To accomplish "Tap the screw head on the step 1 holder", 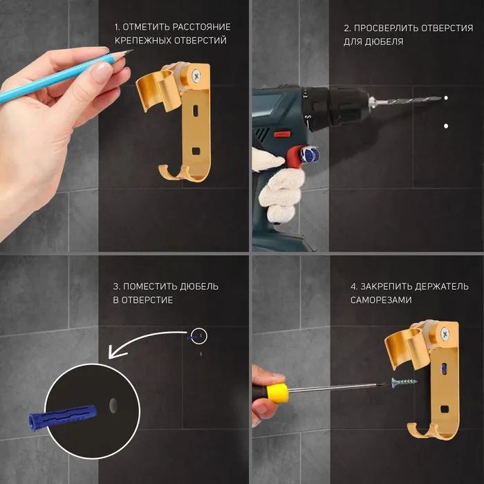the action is [196, 75].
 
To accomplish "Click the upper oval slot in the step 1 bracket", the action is [196, 111].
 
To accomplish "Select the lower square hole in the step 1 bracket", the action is [196, 151].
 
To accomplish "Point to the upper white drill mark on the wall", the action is [446, 98].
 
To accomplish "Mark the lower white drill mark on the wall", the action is [446, 126].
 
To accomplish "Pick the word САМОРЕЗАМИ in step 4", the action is [381, 300].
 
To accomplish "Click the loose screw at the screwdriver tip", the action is [404, 382].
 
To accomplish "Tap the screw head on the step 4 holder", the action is [445, 334].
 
